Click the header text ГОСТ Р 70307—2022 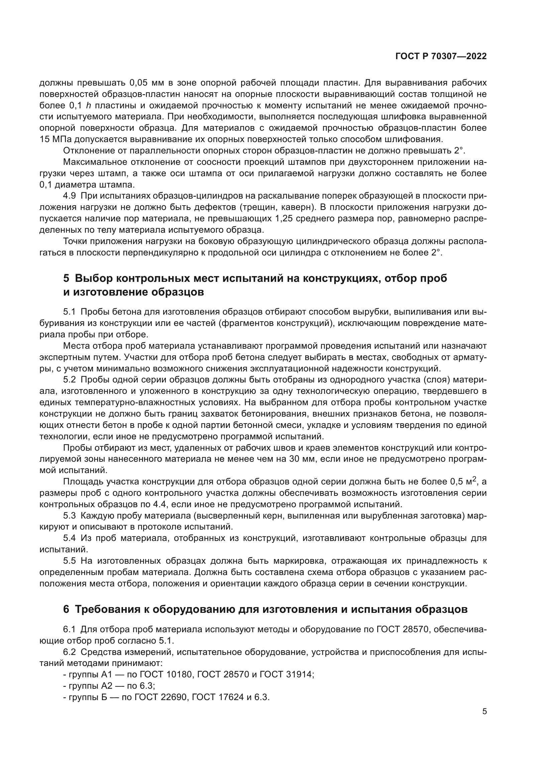click(x=441, y=57)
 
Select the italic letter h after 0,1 click(x=88, y=106)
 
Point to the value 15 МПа click(x=56, y=139)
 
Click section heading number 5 click(x=66, y=278)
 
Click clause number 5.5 click(x=70, y=561)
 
